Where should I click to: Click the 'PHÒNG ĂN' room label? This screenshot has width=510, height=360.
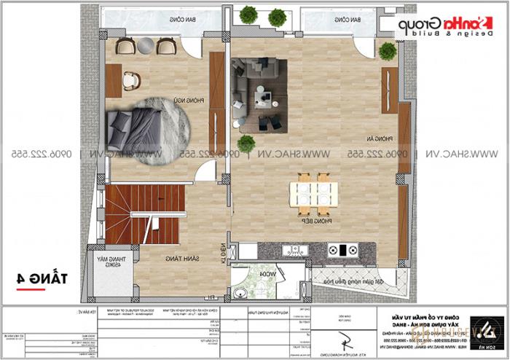coord(386,138)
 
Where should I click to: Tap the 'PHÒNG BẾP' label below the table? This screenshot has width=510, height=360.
coord(311,218)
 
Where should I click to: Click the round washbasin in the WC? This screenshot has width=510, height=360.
coord(240,294)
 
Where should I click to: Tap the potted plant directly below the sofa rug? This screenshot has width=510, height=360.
coord(246,144)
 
